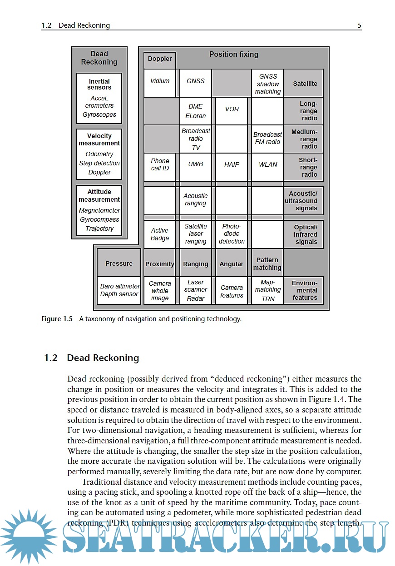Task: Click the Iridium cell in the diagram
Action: coord(160,81)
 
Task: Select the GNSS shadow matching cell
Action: coord(268,84)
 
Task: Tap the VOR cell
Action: coord(232,109)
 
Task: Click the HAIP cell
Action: coord(232,164)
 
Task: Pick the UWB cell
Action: coord(196,164)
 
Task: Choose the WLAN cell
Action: coord(268,164)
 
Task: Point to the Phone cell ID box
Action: coord(160,164)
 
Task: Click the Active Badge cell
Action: coord(160,234)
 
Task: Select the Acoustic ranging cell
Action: coord(196,200)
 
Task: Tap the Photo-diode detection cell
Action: coord(232,234)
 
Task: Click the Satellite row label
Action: coord(305,84)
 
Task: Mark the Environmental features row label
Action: coord(305,290)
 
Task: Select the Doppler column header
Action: coord(160,59)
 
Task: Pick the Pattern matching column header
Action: coord(267,264)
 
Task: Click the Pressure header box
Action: coord(119,263)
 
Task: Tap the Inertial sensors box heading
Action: coord(99,84)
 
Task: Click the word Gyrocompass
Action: coord(99,220)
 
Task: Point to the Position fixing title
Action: coord(233,55)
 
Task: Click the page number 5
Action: coord(359,25)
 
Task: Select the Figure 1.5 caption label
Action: coord(57,319)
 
